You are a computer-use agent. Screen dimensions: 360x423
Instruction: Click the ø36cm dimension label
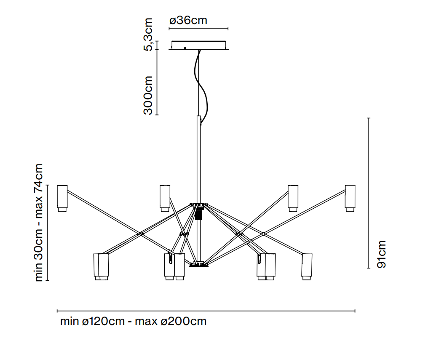coord(188,21)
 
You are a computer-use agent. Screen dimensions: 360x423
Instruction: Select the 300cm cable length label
coord(148,95)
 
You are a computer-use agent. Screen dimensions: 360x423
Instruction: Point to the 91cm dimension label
coord(381,254)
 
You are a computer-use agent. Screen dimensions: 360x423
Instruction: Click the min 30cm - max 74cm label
coord(39,222)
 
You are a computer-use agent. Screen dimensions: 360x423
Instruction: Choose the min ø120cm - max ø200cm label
coord(133,321)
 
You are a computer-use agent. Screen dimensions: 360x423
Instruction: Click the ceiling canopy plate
coord(199,45)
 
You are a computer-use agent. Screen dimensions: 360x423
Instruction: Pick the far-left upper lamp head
coord(62,198)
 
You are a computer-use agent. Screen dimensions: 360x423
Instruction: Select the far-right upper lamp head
coord(350,198)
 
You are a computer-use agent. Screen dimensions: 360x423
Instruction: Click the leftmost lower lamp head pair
coord(101,266)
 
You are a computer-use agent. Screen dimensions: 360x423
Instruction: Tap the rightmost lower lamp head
coord(307,266)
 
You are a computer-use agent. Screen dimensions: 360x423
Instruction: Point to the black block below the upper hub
coord(199,214)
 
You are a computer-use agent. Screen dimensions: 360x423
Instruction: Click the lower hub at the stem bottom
coord(199,264)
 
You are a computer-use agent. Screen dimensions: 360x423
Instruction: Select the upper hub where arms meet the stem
coord(199,205)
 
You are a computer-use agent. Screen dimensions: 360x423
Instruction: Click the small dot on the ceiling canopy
coord(185,48)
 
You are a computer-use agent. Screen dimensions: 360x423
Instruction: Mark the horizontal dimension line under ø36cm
coord(198,29)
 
